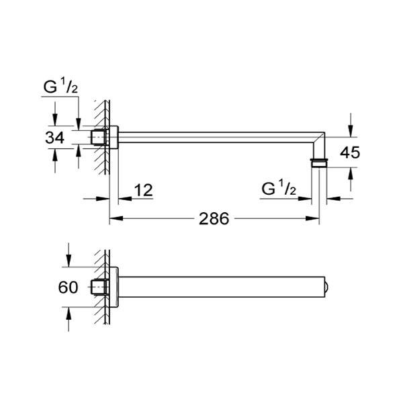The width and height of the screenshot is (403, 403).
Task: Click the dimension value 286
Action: click(214, 219)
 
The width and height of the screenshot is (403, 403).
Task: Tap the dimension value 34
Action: click(54, 138)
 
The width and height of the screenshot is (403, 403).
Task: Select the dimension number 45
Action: click(350, 152)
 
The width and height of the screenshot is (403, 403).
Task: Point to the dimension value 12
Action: click(144, 190)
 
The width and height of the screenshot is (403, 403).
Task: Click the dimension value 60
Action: click(68, 287)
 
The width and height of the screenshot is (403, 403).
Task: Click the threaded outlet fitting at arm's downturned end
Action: click(319, 163)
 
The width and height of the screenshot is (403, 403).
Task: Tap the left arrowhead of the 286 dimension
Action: click(116, 219)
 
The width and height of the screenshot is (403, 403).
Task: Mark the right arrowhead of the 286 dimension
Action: click(312, 219)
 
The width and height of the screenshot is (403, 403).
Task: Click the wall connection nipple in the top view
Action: click(99, 138)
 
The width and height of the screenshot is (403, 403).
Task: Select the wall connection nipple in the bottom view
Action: click(99, 287)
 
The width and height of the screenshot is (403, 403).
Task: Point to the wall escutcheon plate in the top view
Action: click(114, 137)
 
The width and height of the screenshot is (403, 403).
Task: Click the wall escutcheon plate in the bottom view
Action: click(114, 287)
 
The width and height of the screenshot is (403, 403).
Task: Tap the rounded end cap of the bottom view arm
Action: click(326, 287)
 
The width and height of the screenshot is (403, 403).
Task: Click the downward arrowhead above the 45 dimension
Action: click(351, 130)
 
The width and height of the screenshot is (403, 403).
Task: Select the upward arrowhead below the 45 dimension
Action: click(351, 174)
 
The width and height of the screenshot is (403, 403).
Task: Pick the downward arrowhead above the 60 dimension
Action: click(69, 260)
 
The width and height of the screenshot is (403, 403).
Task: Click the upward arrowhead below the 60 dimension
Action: click(69, 314)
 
